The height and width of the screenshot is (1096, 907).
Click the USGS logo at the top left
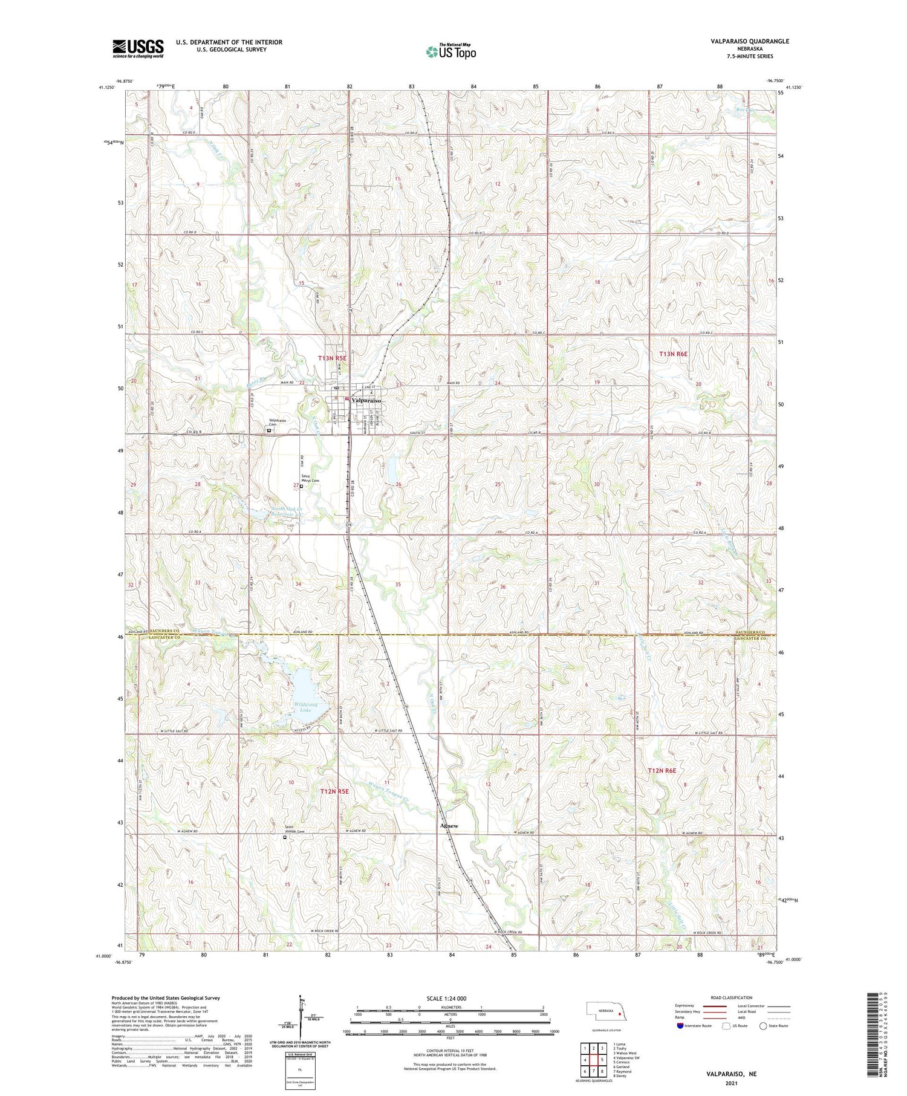(138, 48)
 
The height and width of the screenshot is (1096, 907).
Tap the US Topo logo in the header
(450, 52)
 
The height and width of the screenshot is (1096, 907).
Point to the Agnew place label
(449, 826)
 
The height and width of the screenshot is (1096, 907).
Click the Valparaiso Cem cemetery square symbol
(269, 431)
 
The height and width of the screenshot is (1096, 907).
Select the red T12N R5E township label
(334, 791)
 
